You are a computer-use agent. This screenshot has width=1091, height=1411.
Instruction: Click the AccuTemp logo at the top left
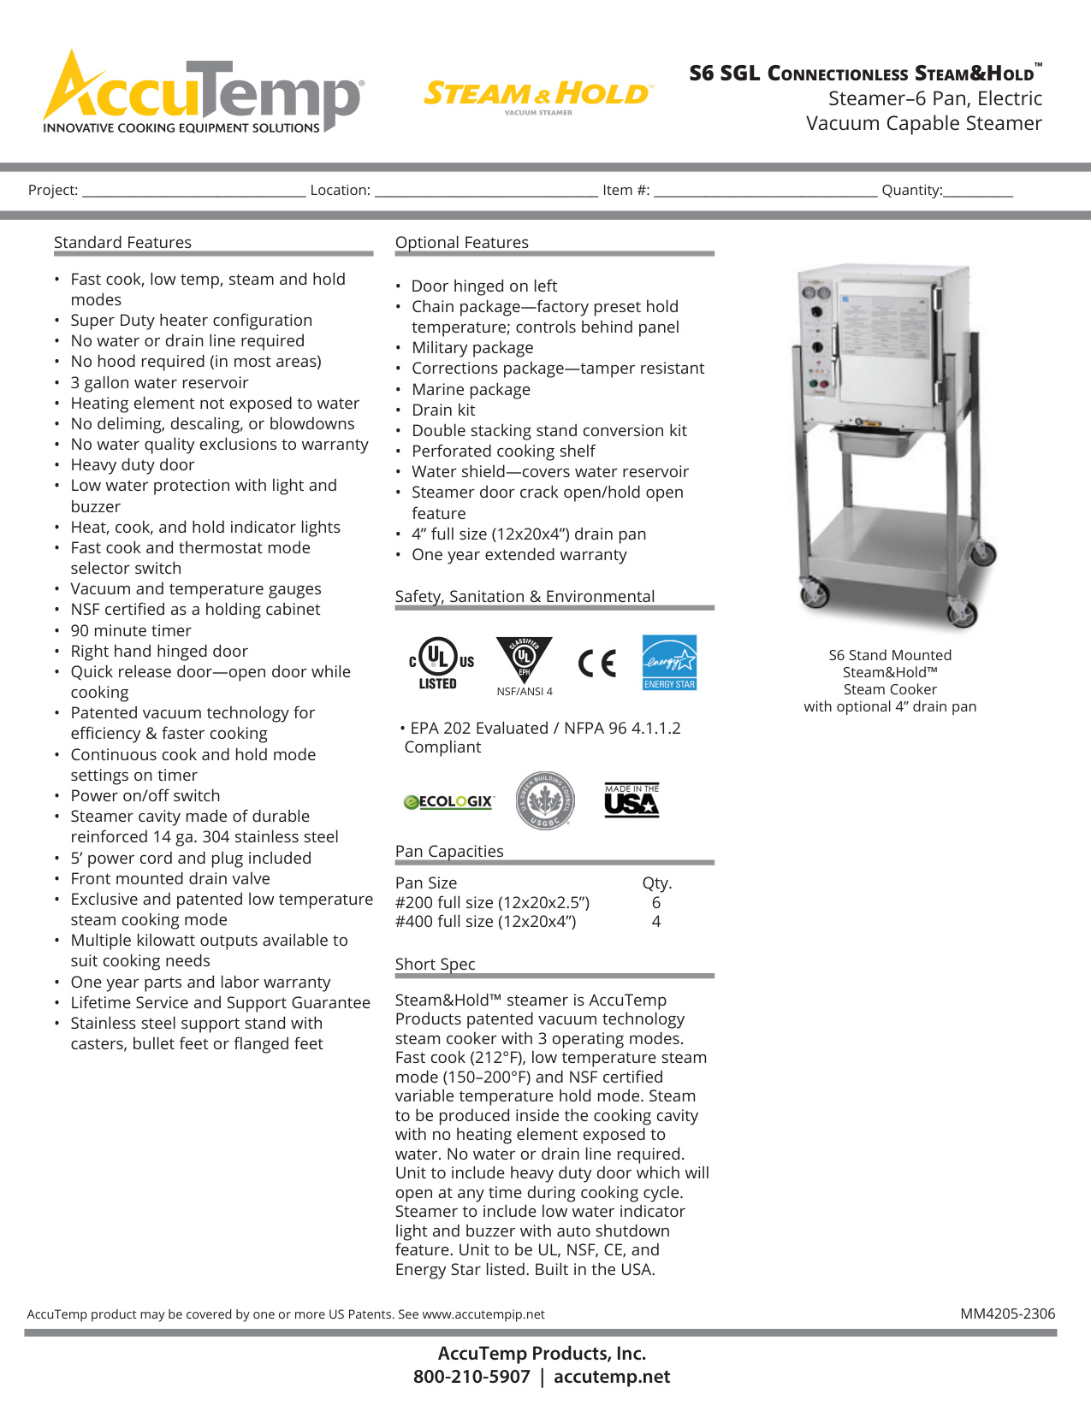coord(204,93)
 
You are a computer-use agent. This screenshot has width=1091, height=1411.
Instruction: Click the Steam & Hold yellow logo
coord(537,94)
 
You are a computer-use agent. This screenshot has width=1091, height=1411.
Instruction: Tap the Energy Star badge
coord(669,662)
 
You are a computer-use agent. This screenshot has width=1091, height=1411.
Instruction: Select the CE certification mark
coord(597,663)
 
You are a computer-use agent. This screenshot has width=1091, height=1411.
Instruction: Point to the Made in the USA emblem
coord(631,800)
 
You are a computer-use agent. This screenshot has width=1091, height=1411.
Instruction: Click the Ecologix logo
coord(448,801)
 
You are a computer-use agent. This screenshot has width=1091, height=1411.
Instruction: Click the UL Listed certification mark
coord(440,663)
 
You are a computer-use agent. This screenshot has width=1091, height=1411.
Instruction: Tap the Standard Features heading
coord(122,243)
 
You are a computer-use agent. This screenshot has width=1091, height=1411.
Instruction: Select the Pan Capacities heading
coord(449,852)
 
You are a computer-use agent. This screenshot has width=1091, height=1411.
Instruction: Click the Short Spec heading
coord(435,965)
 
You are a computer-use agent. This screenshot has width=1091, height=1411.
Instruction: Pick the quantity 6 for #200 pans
coord(656,903)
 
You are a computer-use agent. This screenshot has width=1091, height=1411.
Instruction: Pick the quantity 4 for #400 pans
coord(656,922)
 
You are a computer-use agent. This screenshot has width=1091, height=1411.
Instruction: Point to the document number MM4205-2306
coord(1007,1314)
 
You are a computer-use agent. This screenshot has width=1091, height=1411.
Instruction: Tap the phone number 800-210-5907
coord(471,1377)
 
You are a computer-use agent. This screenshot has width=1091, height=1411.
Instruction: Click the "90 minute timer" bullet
coord(131,631)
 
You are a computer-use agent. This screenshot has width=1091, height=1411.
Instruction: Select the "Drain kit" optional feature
coord(443,410)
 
